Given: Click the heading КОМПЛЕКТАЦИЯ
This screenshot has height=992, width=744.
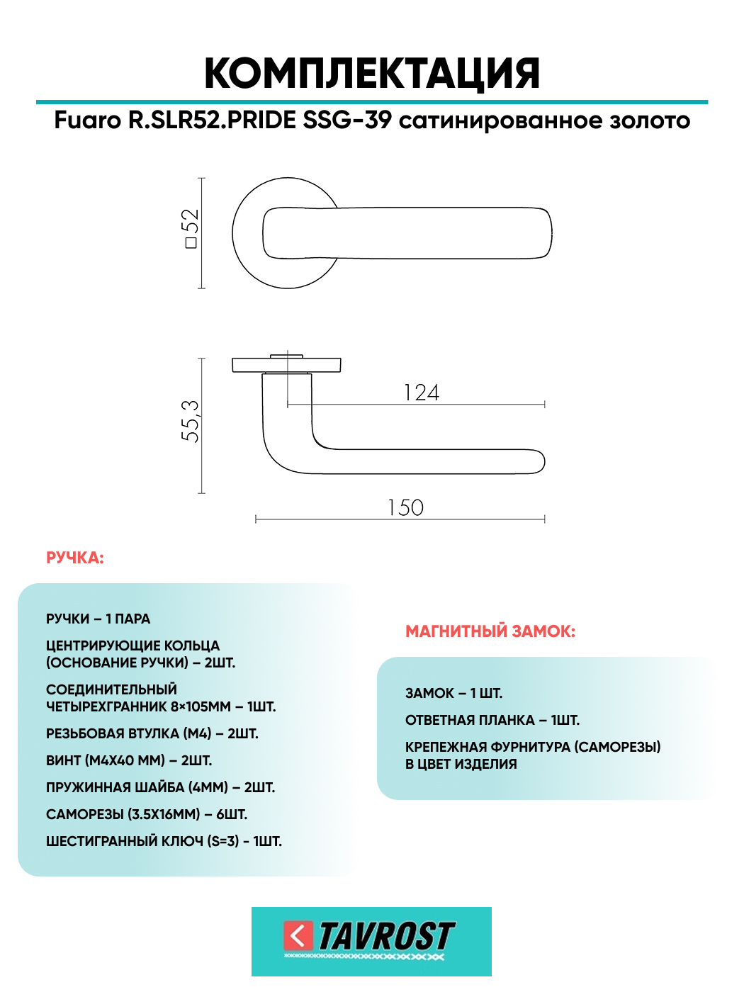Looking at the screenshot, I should [372, 74].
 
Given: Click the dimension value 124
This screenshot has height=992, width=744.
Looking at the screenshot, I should [422, 393].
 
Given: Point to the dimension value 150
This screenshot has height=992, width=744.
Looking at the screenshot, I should [405, 507].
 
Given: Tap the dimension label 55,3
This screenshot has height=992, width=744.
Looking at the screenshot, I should [190, 421].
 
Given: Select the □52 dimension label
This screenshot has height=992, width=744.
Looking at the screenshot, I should [190, 228].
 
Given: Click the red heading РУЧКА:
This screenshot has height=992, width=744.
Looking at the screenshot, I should [75, 558].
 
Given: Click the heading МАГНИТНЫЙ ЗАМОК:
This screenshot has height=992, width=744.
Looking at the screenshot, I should [490, 631].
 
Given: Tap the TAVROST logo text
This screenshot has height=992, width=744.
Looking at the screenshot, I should [386, 937].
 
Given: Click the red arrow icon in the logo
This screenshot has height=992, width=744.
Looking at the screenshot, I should [298, 936].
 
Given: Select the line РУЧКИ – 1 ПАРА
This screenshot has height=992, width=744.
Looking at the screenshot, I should [98, 619].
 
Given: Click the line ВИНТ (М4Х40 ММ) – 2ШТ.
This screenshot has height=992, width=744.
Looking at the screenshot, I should [129, 761].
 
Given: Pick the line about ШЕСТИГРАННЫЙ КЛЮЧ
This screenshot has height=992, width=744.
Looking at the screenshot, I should [164, 842].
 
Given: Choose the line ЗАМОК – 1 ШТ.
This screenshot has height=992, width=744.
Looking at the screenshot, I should [453, 694].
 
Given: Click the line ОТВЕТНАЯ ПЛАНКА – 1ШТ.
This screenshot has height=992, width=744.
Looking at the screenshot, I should [492, 721].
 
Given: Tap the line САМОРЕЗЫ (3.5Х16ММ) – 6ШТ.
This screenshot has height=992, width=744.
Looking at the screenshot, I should [147, 815].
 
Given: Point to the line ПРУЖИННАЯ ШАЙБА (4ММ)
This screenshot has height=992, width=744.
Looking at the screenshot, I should [160, 788].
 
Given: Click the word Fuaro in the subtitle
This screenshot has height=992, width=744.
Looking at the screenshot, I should [88, 120].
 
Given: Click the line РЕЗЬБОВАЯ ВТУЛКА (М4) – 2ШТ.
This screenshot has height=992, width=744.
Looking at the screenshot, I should [152, 734].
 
